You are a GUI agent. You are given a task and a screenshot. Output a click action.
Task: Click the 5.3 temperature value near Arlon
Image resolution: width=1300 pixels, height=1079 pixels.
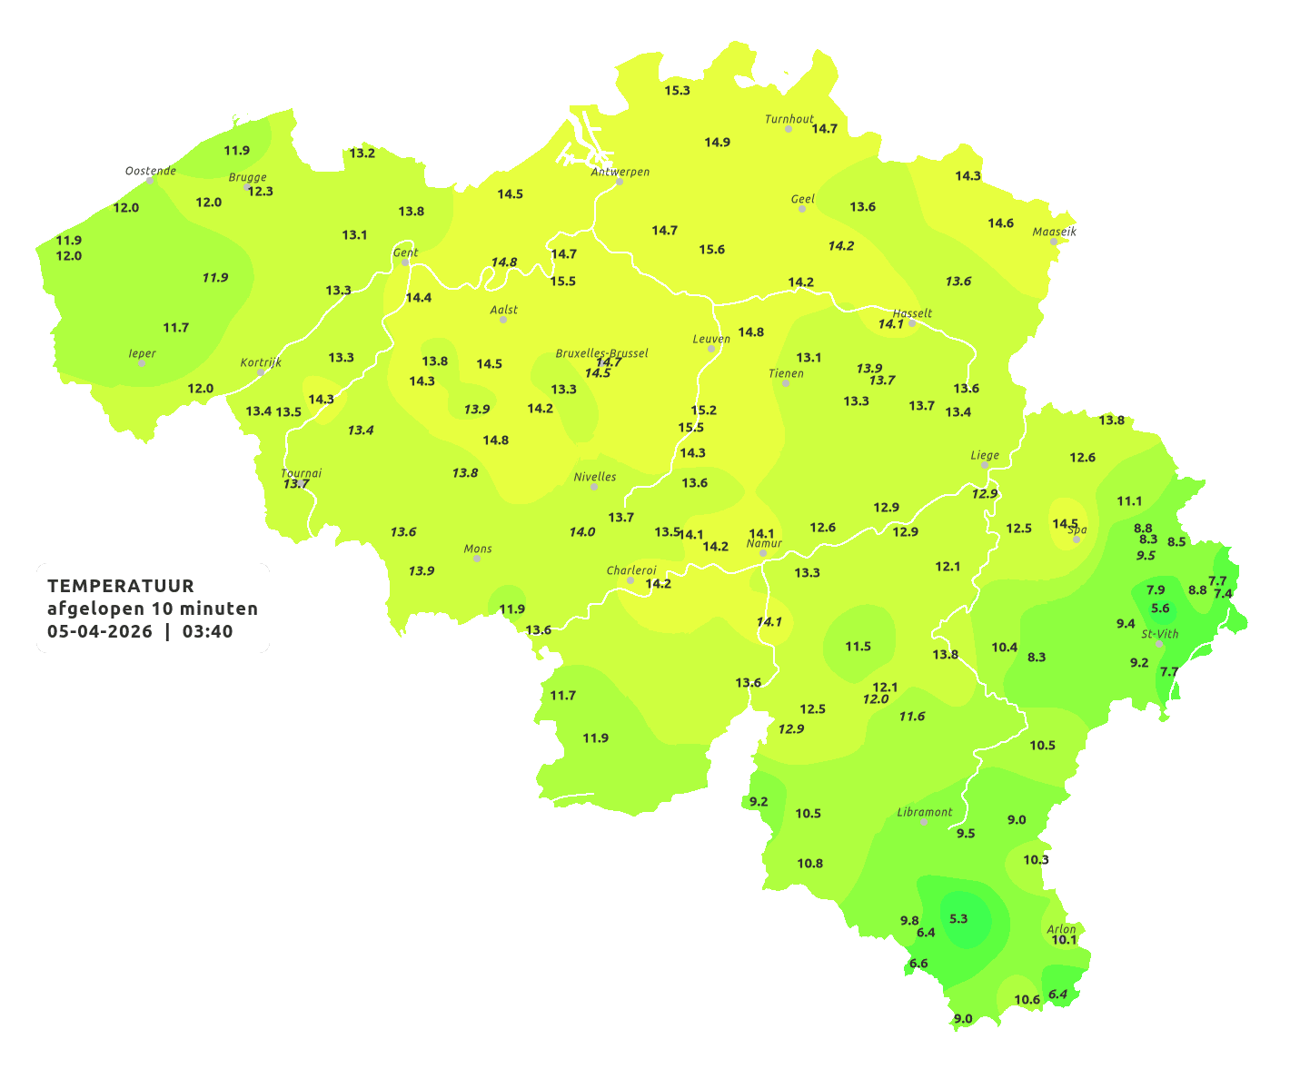click(958, 919)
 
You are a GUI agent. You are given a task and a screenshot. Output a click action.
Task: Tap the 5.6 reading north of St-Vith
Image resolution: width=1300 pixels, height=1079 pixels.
click(1160, 609)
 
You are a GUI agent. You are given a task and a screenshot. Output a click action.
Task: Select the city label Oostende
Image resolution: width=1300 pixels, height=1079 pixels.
click(150, 171)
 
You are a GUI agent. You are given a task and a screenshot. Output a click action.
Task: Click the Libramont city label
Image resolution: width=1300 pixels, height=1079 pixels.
click(925, 812)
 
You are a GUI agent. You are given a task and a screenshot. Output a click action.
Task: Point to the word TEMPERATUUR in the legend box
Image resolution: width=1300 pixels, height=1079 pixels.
click(121, 586)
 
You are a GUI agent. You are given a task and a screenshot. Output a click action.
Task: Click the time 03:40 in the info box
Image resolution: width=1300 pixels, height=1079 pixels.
click(207, 632)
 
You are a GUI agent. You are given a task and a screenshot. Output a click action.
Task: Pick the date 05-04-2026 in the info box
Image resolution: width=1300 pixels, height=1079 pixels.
click(100, 632)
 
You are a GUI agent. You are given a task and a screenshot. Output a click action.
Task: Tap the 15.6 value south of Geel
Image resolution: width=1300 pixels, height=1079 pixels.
click(712, 250)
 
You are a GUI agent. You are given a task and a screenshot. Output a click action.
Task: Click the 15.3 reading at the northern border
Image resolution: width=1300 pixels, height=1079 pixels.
click(677, 91)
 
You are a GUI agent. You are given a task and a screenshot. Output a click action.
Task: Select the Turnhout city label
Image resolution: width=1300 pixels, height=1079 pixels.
click(789, 119)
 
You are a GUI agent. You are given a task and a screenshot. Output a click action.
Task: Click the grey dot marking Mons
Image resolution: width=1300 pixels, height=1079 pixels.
click(477, 559)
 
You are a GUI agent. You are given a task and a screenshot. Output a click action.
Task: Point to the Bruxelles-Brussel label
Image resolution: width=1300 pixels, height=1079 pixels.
click(601, 352)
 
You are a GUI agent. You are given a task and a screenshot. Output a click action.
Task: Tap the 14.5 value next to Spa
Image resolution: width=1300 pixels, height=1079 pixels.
click(1065, 524)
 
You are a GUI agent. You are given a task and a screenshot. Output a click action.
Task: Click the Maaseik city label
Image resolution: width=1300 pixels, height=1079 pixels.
click(1054, 232)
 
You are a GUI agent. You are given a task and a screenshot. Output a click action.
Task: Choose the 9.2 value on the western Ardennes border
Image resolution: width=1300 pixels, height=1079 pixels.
click(759, 801)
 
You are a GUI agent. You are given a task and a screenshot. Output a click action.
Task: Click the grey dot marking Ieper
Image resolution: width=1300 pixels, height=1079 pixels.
click(141, 362)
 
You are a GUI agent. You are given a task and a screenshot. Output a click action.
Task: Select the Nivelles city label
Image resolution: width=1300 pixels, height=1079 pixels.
click(595, 477)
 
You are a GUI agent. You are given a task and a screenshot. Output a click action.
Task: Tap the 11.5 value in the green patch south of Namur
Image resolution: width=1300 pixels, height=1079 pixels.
click(858, 647)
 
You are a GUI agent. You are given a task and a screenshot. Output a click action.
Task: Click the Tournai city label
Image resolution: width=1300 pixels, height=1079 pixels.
click(302, 473)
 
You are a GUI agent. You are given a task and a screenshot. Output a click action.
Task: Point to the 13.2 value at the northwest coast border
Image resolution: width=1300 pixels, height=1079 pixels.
click(362, 153)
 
